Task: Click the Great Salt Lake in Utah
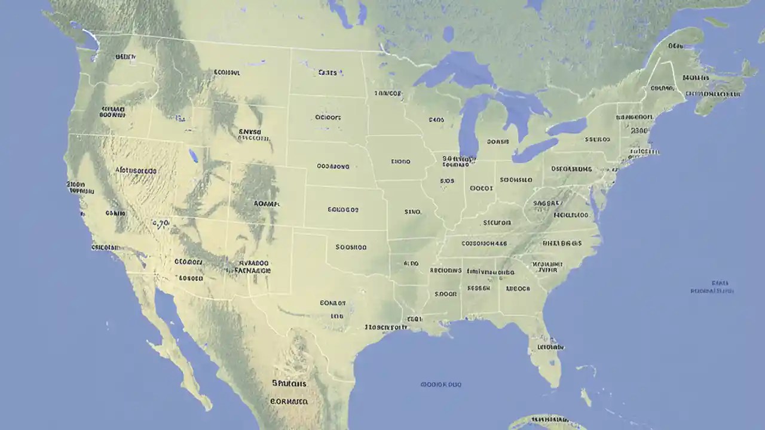point(193,156)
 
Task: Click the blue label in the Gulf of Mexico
point(441,385)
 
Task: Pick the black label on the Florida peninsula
point(550,346)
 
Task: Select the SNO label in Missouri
point(412,211)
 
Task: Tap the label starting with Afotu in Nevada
point(136,170)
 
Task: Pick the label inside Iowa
point(400,161)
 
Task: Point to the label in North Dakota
point(328,73)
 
